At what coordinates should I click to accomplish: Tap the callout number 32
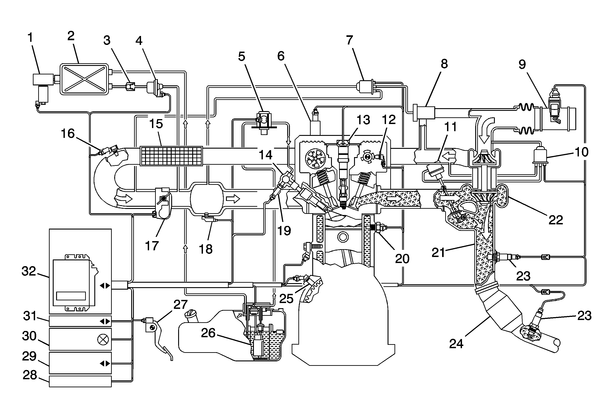pyautogui.click(x=29, y=271)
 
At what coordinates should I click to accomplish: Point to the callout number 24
pyautogui.click(x=456, y=344)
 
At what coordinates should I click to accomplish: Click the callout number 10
pyautogui.click(x=582, y=152)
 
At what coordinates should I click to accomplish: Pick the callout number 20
pyautogui.click(x=402, y=258)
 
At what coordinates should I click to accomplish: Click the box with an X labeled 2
pyautogui.click(x=84, y=79)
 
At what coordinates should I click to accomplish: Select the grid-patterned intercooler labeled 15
pyautogui.click(x=171, y=156)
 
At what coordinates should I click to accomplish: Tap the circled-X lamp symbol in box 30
pyautogui.click(x=103, y=339)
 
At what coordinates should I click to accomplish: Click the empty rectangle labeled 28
pyautogui.click(x=80, y=381)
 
